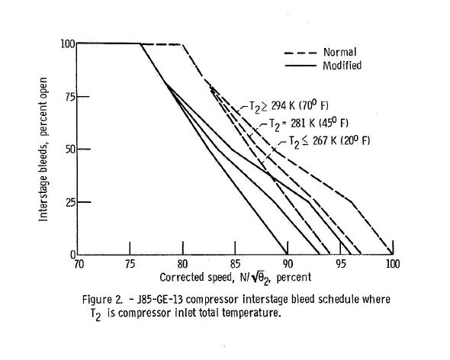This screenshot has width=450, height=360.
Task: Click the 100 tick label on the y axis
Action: (x=68, y=44)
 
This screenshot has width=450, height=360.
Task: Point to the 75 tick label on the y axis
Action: (x=70, y=97)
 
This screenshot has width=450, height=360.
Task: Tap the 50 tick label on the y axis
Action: (x=70, y=149)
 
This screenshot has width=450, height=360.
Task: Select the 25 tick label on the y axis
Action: (x=70, y=203)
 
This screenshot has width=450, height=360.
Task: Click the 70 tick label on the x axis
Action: (x=79, y=264)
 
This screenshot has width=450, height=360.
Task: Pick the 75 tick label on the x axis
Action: (x=130, y=264)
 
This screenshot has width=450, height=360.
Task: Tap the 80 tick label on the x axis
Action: (x=182, y=264)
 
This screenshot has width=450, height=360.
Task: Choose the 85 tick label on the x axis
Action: (x=236, y=264)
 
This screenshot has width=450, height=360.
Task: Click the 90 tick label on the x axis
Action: (x=288, y=264)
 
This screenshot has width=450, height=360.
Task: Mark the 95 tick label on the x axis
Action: (x=341, y=264)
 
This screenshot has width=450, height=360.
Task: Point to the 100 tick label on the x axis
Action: (x=392, y=264)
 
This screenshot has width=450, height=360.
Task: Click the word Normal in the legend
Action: (x=340, y=53)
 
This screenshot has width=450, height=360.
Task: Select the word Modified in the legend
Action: (x=342, y=66)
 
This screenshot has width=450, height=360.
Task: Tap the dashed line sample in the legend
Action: (x=301, y=53)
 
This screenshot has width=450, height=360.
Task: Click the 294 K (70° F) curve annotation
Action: (x=288, y=107)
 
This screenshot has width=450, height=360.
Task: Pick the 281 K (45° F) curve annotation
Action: (x=308, y=124)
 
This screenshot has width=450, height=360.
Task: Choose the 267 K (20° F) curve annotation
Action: (x=329, y=141)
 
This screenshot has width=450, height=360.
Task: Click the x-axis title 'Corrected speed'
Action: (x=196, y=278)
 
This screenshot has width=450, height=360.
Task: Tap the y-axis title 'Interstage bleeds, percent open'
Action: (x=43, y=149)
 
